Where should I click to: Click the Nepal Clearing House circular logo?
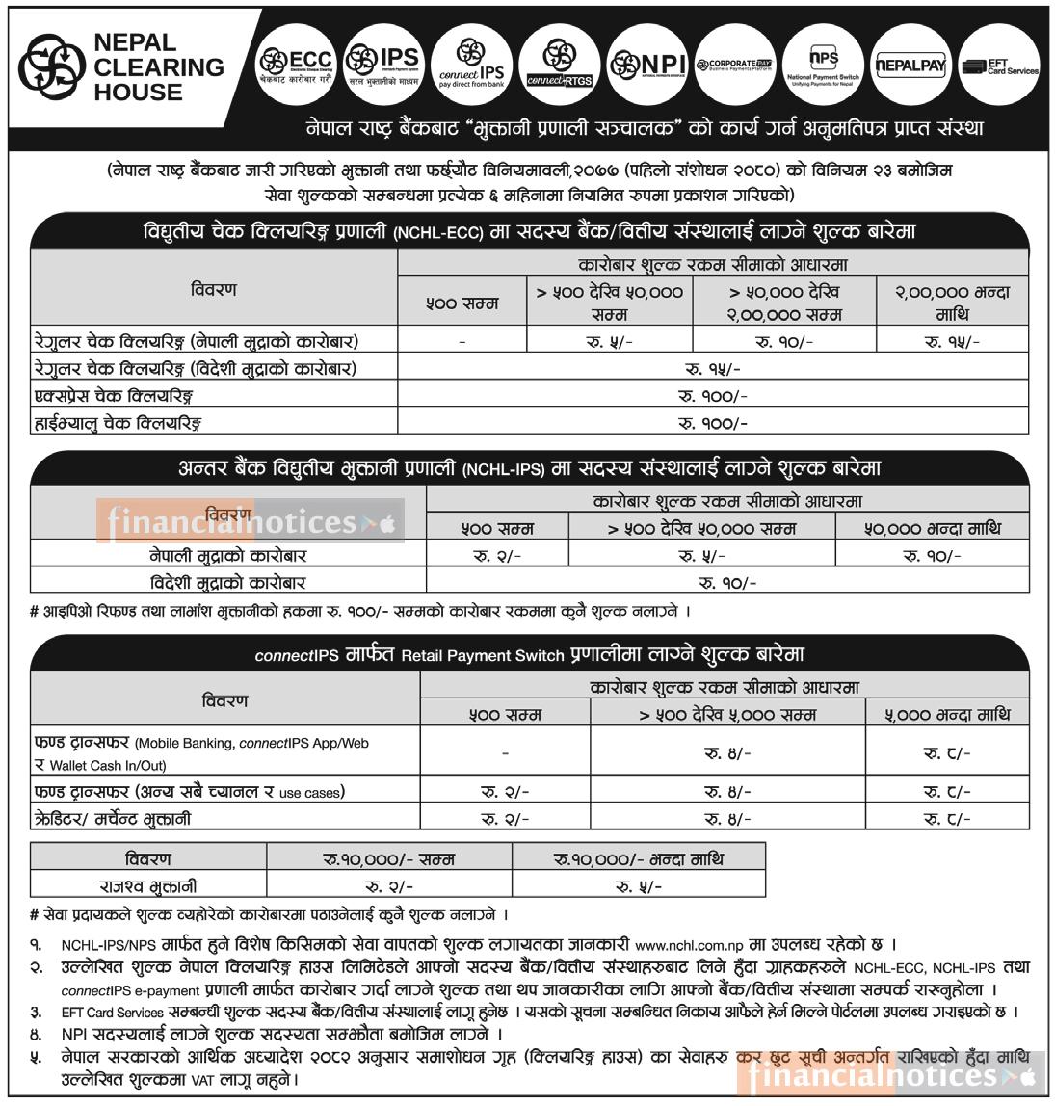51,67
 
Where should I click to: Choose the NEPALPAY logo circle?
910,65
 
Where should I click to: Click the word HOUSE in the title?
138,92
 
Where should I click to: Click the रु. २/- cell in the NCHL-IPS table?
497,556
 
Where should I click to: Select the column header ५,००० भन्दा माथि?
947,714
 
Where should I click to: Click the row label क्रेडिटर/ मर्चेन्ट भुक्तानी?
113,819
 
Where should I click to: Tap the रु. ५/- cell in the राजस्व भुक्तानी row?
638,885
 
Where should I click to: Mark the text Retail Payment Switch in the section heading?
482,655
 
